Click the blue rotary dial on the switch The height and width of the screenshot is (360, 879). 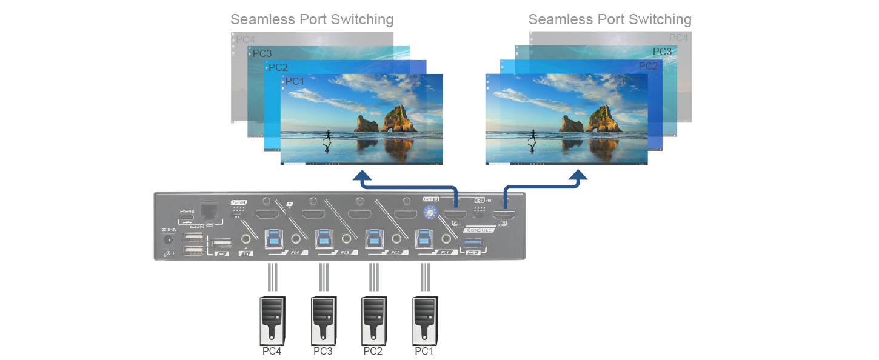(430, 212)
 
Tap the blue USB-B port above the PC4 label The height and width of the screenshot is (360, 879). (273, 238)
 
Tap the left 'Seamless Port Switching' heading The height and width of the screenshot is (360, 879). (312, 19)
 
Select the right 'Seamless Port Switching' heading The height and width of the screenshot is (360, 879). (610, 19)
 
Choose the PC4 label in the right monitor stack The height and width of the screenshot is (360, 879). (678, 38)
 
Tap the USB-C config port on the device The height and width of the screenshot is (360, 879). (185, 219)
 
